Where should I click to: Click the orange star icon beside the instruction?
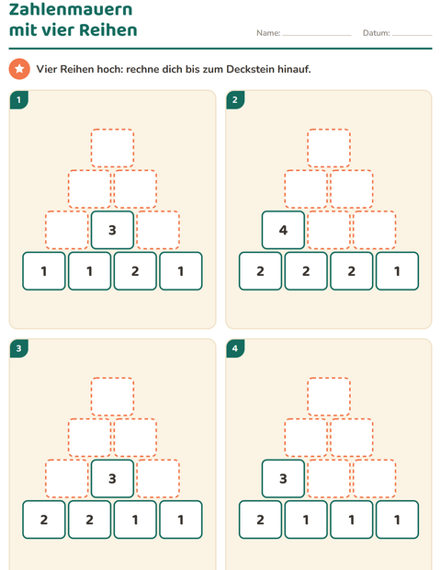pyautogui.click(x=19, y=69)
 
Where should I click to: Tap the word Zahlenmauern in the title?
pyautogui.click(x=71, y=9)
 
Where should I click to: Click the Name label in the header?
pyautogui.click(x=268, y=33)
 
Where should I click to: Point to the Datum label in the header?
pyautogui.click(x=377, y=33)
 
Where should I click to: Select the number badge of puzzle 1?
pyautogui.click(x=19, y=99)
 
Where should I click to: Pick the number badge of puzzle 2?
pyautogui.click(x=235, y=99)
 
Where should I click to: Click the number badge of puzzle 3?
pyautogui.click(x=19, y=348)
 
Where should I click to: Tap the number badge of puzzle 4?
pyautogui.click(x=235, y=348)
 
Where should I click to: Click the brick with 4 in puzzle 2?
pyautogui.click(x=283, y=230)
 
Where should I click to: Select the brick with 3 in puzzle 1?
pyautogui.click(x=112, y=230)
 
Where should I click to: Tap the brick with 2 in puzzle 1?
pyautogui.click(x=135, y=271)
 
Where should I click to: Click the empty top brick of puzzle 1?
pyautogui.click(x=112, y=148)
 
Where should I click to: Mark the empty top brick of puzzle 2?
pyautogui.click(x=329, y=148)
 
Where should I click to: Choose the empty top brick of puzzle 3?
pyautogui.click(x=112, y=396)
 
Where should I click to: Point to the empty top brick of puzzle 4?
pyautogui.click(x=329, y=396)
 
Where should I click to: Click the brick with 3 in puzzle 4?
pyautogui.click(x=283, y=479)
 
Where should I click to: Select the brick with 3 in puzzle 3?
pyautogui.click(x=112, y=479)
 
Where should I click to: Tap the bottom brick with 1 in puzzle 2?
pyautogui.click(x=397, y=271)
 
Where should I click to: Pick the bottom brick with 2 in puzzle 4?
pyautogui.click(x=260, y=519)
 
